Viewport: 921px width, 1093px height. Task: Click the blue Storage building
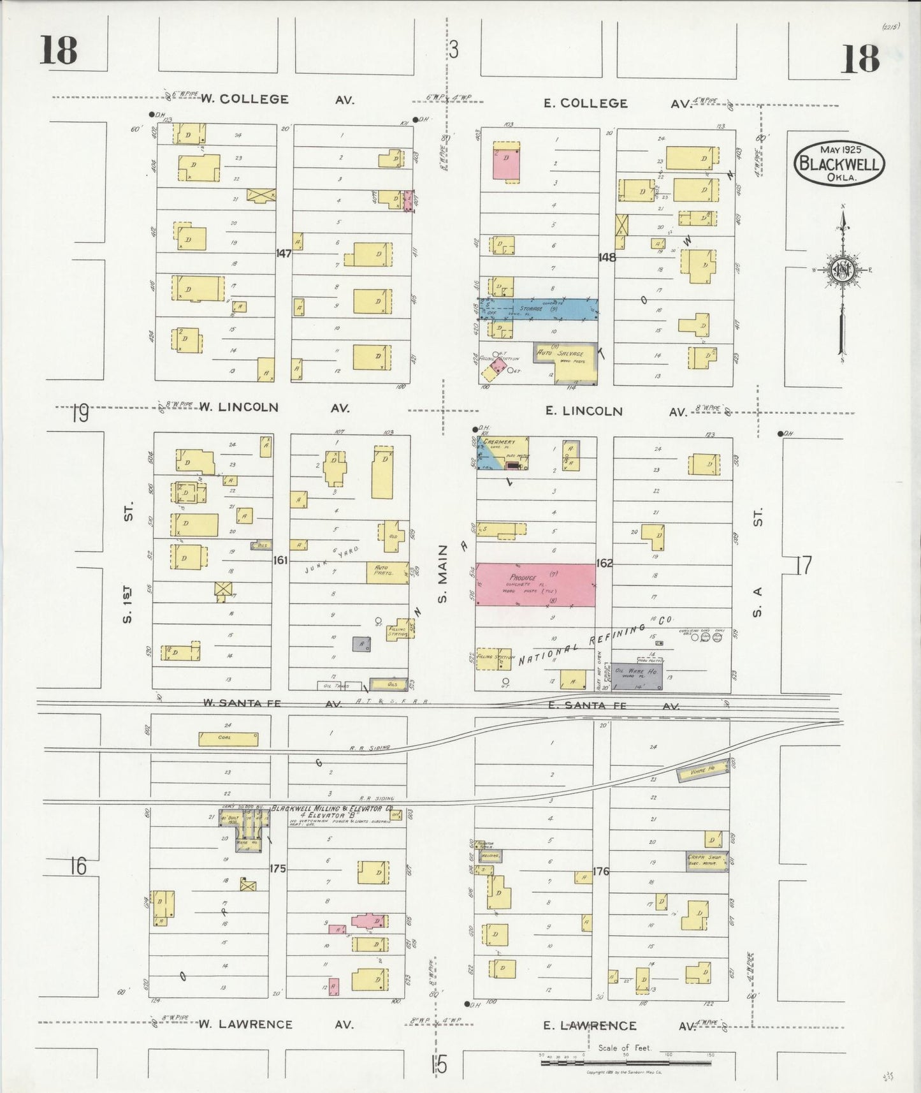pyautogui.click(x=539, y=309)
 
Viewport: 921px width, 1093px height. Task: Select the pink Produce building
pyautogui.click(x=535, y=584)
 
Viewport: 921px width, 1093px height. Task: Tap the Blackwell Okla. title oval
pyautogui.click(x=839, y=163)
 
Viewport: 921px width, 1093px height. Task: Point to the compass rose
pyautogui.click(x=842, y=270)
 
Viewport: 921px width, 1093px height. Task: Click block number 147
pyautogui.click(x=284, y=253)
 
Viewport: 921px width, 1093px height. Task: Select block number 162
pyautogui.click(x=604, y=563)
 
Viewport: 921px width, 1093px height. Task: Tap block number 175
pyautogui.click(x=277, y=868)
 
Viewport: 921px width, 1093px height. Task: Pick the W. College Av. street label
pyautogui.click(x=245, y=99)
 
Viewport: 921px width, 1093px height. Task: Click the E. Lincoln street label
pyautogui.click(x=584, y=411)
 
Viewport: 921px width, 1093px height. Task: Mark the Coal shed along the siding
pyautogui.click(x=228, y=738)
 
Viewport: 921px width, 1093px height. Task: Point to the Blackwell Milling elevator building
pyautogui.click(x=243, y=826)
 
